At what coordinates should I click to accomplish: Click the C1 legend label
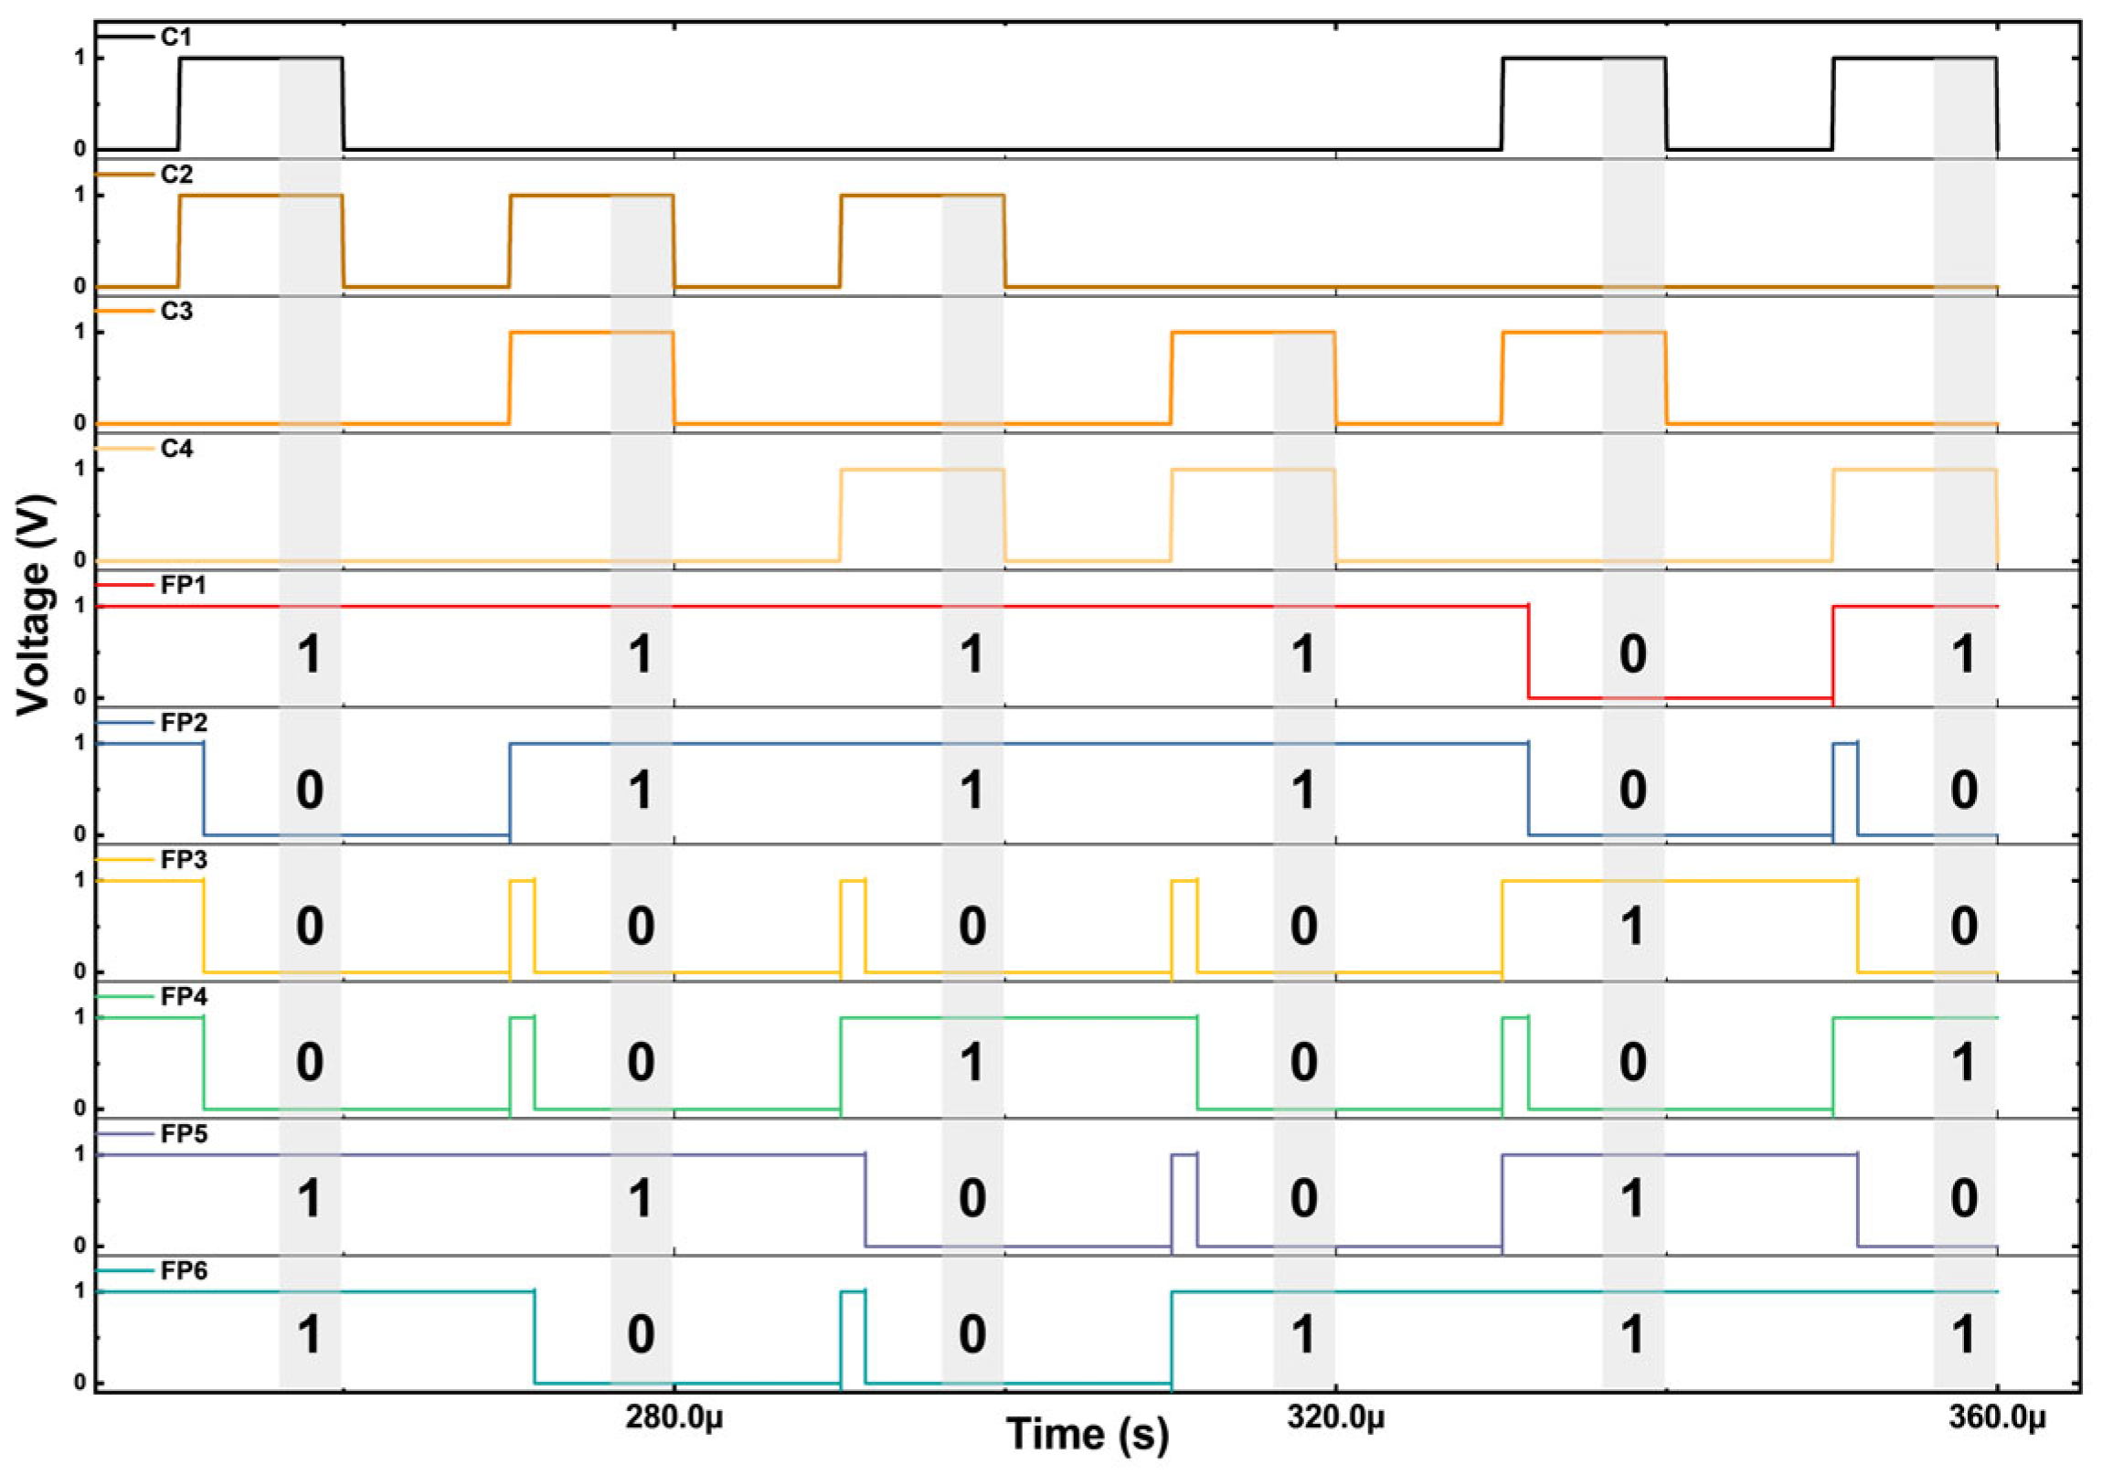[175, 37]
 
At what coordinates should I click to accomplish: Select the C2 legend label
[175, 174]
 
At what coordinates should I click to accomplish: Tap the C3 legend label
[175, 312]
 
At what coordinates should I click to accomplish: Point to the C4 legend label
[175, 449]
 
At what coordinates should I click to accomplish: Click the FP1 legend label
[183, 585]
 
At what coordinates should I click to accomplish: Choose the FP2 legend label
[183, 722]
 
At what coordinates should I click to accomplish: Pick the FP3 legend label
[183, 860]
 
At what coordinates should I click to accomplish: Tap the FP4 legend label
[183, 996]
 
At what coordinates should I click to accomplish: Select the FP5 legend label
[183, 1133]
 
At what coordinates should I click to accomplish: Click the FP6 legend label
[183, 1271]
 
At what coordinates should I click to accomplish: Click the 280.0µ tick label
[674, 1418]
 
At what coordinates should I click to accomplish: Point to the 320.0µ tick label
[1336, 1418]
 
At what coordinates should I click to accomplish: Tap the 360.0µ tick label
[1997, 1418]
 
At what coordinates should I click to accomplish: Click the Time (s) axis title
[1088, 1434]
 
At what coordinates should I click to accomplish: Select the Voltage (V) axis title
[34, 604]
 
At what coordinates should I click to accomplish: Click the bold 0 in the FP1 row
[1632, 654]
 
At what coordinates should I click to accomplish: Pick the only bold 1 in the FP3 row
[1632, 927]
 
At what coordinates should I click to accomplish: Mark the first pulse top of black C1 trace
[260, 58]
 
